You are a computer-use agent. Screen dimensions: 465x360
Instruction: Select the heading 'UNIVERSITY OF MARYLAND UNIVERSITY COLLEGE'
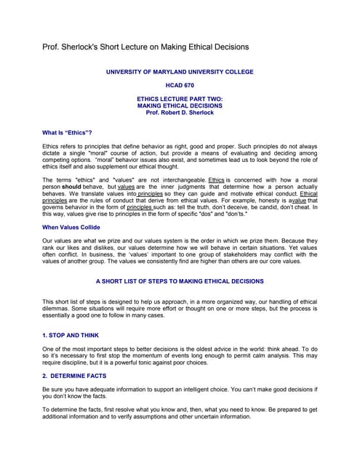point(180,72)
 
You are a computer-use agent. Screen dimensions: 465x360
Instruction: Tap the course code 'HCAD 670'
point(180,85)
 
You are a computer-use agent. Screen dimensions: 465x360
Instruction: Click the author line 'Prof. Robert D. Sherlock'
point(180,113)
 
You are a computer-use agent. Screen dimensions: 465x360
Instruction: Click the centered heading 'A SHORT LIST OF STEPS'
point(180,280)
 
